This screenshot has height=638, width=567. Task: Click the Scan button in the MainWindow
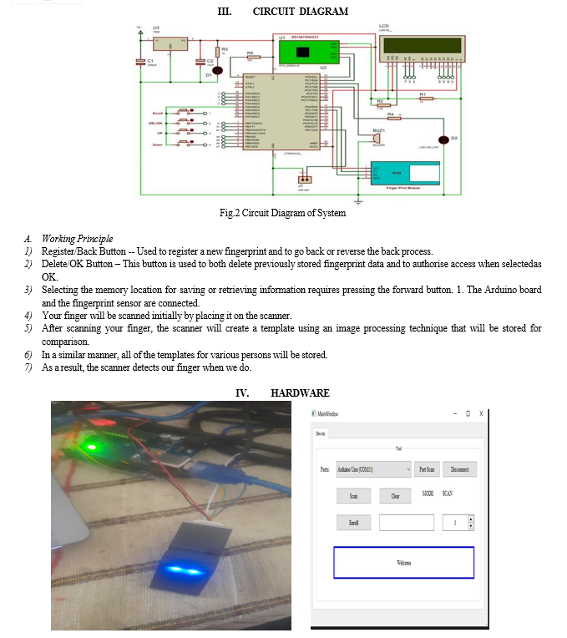[x=353, y=496]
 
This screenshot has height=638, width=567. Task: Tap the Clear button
[x=395, y=496]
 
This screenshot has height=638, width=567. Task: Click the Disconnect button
[x=458, y=469]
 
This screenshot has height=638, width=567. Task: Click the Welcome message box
[x=403, y=562]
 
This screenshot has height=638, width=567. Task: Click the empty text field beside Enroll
[x=406, y=523]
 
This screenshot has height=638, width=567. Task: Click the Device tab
[x=321, y=433]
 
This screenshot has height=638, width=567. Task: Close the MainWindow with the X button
[x=481, y=413]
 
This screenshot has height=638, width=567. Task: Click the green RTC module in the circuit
[x=306, y=51]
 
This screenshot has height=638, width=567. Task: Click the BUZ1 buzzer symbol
[x=381, y=140]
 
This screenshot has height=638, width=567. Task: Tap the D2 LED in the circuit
[x=443, y=139]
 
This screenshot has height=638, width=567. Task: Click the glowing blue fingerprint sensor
[x=187, y=570]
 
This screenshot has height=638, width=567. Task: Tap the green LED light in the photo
[x=90, y=445]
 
